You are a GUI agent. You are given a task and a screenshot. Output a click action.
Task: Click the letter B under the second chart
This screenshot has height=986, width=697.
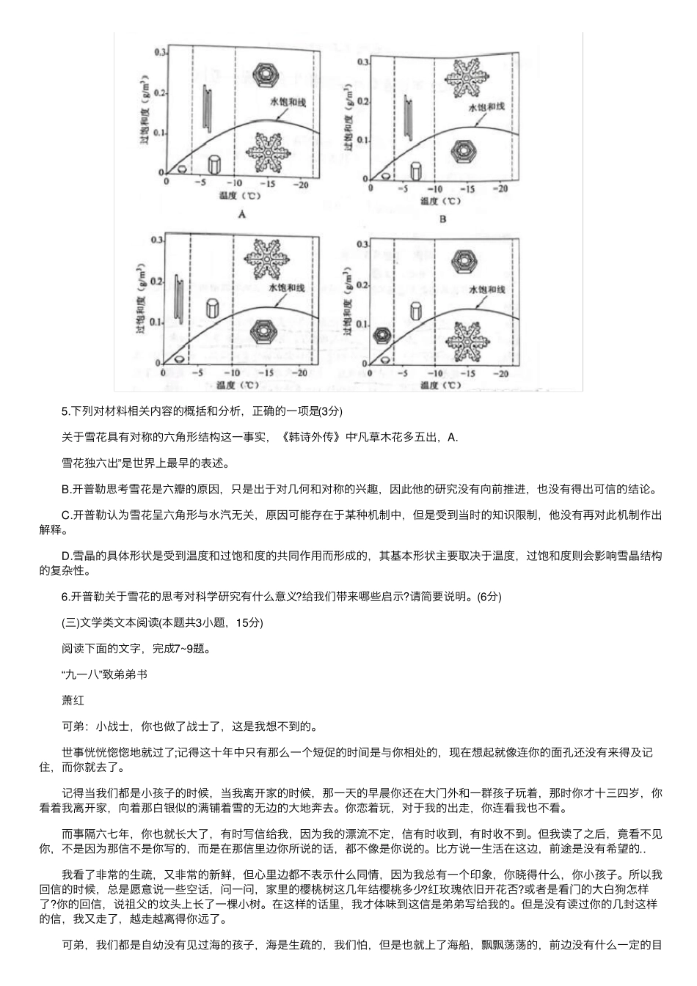442,218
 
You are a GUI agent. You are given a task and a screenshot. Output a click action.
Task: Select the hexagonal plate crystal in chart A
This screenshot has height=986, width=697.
265,74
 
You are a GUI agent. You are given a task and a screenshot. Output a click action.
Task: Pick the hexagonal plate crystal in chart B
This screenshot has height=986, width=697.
464,151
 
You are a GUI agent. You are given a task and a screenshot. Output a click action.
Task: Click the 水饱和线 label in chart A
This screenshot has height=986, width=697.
288,101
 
